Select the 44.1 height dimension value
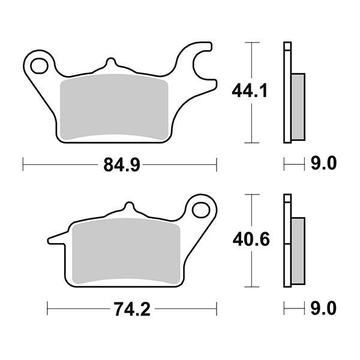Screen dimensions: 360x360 point(250,91)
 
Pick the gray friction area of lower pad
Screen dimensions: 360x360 point(126,252)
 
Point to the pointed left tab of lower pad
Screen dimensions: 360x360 point(56,240)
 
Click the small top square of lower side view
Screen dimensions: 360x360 point(287,198)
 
